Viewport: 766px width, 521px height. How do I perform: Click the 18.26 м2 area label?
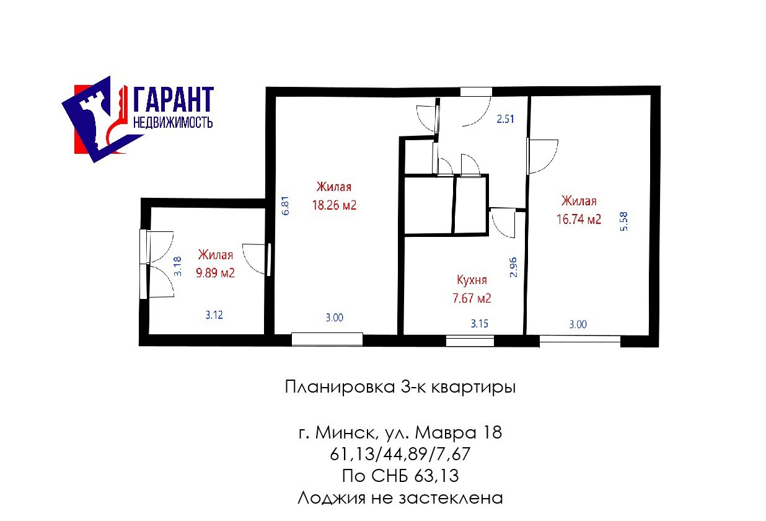click(334, 205)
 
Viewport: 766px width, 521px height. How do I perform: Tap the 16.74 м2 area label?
click(579, 219)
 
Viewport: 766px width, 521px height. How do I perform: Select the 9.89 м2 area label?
click(216, 273)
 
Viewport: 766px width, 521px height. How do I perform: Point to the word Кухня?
click(472, 280)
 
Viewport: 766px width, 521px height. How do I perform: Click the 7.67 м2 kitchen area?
click(472, 298)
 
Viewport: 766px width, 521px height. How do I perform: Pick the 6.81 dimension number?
click(286, 205)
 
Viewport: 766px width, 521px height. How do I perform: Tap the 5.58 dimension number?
click(624, 221)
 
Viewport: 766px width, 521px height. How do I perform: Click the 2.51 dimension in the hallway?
click(506, 119)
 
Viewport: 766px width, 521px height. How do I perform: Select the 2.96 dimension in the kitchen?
click(513, 267)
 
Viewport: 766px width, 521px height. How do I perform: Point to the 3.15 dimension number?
click(480, 324)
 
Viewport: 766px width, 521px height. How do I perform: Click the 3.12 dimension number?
click(214, 314)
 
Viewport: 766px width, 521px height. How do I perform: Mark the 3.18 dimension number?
click(178, 267)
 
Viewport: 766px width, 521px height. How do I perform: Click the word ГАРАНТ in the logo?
click(174, 100)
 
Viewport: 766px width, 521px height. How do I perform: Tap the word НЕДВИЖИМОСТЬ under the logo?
click(173, 122)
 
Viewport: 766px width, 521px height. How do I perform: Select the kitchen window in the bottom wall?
click(470, 341)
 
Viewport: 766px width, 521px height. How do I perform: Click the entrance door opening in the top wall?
click(476, 92)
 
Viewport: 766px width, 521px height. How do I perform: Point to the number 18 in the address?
click(492, 432)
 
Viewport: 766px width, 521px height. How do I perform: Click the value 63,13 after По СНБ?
click(436, 476)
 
